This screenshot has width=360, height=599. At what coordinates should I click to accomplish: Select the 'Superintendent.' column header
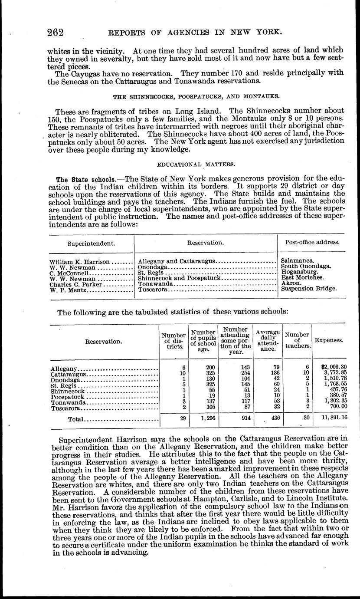pos(92,244)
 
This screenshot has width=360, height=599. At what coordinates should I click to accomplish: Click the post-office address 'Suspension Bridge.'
pos(309,288)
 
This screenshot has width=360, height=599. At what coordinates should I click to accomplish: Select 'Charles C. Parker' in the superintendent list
pos(75,284)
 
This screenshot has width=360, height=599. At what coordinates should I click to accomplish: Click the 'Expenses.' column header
pos(329,341)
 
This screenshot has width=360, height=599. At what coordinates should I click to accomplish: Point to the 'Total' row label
pos(75,419)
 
